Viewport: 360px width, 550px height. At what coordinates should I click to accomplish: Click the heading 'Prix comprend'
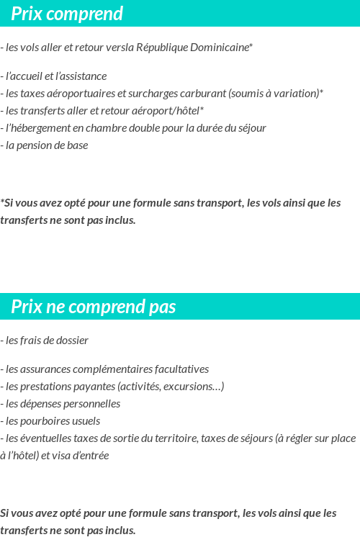67,14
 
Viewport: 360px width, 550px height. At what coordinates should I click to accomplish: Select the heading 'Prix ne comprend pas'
94,307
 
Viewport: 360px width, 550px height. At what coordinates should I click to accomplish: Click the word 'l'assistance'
82,76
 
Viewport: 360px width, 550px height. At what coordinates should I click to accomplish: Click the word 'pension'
35,145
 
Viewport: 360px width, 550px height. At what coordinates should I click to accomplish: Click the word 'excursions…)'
194,387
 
